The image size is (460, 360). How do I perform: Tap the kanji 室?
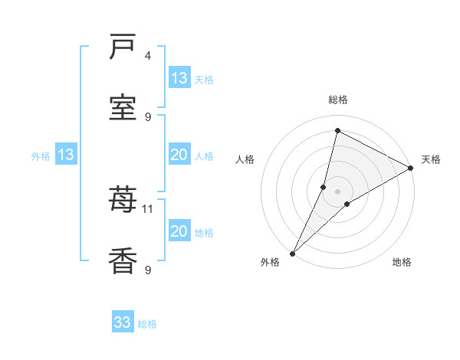tap(123, 108)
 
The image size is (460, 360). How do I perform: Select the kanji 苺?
tap(123, 201)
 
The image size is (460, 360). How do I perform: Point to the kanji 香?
tap(123, 261)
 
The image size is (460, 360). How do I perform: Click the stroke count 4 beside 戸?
tap(148, 56)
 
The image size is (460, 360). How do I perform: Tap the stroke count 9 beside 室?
tap(148, 116)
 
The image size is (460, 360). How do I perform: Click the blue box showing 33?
tap(123, 322)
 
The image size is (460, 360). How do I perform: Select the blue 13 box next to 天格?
tap(179, 77)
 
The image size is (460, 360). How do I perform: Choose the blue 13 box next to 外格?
tap(66, 155)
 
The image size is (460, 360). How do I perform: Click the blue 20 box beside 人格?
tap(179, 155)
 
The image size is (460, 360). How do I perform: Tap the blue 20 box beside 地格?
tap(179, 231)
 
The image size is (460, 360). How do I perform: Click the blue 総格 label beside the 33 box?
tap(148, 324)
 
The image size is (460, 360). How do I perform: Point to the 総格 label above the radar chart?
tap(338, 100)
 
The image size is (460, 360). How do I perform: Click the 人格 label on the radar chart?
tap(245, 159)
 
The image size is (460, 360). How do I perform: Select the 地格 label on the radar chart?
tap(402, 262)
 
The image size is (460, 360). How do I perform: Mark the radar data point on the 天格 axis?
tap(411, 169)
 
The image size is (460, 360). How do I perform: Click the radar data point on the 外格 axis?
tap(292, 253)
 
